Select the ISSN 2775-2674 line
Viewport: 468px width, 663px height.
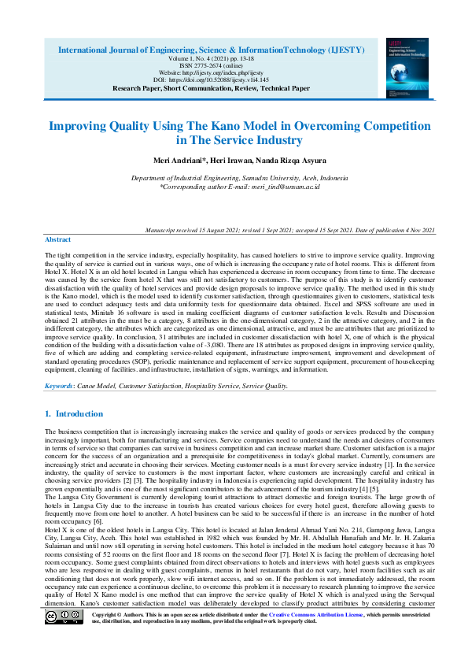(x=211, y=65)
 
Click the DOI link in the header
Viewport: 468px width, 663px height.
(x=211, y=80)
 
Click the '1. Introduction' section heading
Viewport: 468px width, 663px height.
(x=74, y=414)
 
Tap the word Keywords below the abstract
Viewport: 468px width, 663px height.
(x=59, y=387)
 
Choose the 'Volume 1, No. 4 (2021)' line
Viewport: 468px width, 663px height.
(x=211, y=57)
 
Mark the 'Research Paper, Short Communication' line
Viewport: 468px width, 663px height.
(x=211, y=89)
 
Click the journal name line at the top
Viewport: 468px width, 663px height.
(x=211, y=49)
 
